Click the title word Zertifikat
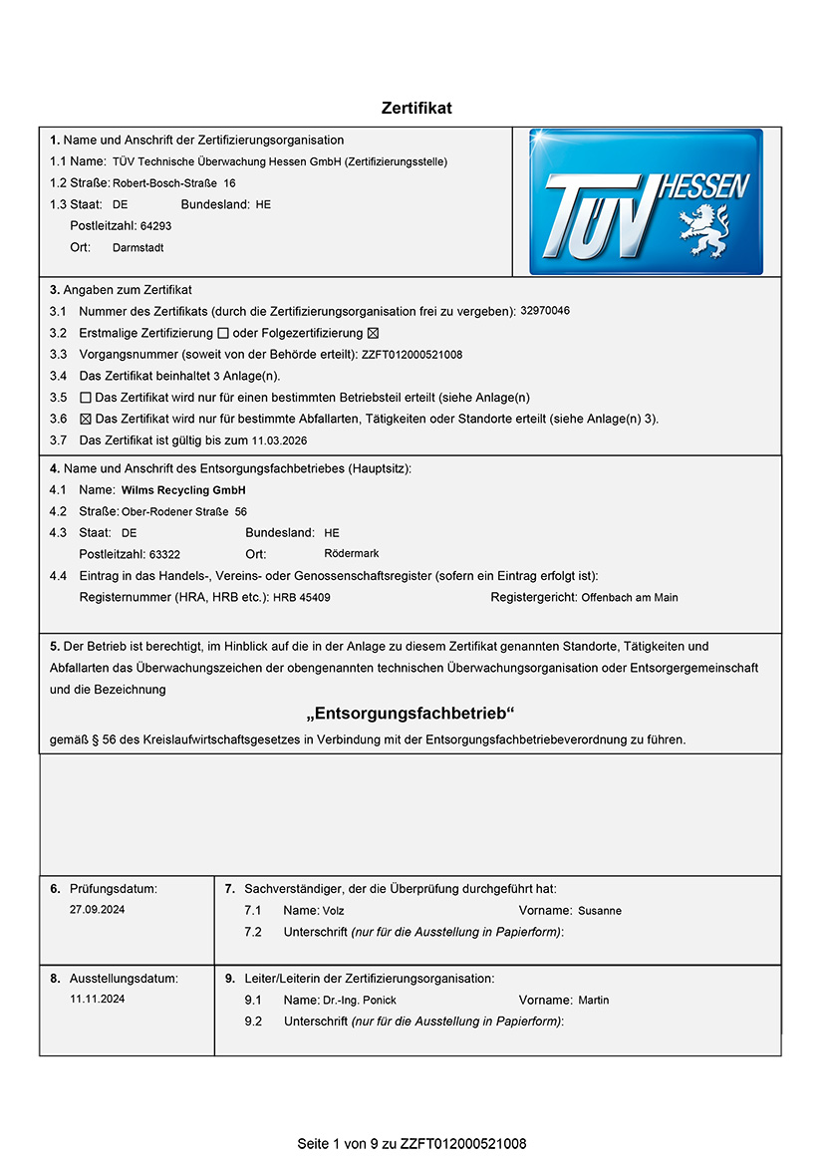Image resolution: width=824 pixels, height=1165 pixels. click(x=416, y=108)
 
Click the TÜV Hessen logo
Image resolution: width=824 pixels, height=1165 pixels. click(x=646, y=201)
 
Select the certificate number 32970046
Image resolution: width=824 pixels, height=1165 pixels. click(x=545, y=311)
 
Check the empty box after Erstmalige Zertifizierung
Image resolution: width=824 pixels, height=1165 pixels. click(x=223, y=333)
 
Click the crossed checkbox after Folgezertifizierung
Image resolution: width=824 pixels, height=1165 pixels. click(x=374, y=333)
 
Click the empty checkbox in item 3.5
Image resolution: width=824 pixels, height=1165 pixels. click(x=85, y=398)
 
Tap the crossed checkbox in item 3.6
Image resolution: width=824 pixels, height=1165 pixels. click(x=85, y=419)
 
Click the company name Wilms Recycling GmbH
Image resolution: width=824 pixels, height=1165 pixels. click(x=183, y=490)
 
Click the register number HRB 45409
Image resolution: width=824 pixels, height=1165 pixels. click(x=302, y=597)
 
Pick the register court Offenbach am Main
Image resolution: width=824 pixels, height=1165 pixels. click(x=629, y=597)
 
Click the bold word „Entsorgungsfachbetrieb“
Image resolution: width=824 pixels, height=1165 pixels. click(x=411, y=715)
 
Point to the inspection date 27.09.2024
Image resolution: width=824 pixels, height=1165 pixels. click(x=98, y=910)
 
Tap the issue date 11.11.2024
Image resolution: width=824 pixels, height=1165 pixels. click(x=98, y=998)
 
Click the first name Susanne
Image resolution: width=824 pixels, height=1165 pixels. click(x=600, y=911)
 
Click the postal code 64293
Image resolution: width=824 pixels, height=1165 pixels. click(x=155, y=226)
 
